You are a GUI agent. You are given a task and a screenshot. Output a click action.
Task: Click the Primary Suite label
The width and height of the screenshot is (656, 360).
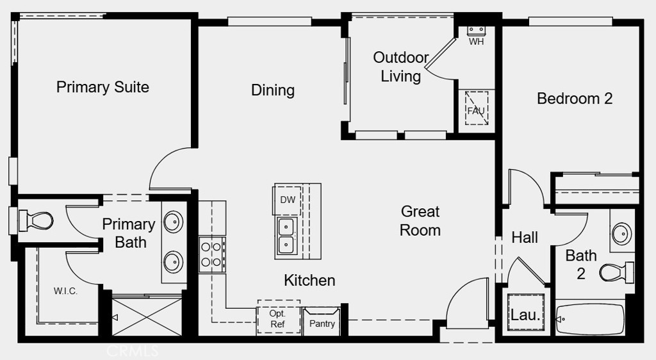[102, 87]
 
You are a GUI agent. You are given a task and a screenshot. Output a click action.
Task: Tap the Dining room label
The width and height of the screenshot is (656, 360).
[273, 90]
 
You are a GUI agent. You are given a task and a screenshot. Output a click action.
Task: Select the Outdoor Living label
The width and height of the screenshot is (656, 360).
[401, 67]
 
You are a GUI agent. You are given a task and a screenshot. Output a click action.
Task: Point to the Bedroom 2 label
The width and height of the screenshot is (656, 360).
[575, 99]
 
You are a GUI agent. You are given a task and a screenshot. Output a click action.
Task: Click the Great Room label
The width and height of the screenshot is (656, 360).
[420, 221]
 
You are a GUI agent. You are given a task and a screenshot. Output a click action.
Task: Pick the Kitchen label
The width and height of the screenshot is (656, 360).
[309, 280]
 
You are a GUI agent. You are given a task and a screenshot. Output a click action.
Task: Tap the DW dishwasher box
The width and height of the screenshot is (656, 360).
[288, 200]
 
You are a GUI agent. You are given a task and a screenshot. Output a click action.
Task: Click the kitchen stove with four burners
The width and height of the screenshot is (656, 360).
[211, 255]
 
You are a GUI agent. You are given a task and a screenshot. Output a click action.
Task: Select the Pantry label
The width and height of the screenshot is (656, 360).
[322, 323]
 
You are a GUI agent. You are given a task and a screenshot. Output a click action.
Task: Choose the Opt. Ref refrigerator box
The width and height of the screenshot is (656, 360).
[279, 317]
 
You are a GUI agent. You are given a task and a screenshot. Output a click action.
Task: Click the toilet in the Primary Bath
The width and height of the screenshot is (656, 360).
[36, 220]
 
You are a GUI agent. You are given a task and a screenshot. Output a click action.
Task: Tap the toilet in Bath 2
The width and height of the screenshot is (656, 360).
[617, 272]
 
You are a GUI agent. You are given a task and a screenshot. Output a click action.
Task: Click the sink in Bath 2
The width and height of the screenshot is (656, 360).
[621, 233]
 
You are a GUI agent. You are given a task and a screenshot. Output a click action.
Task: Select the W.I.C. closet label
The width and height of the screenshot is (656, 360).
[66, 291]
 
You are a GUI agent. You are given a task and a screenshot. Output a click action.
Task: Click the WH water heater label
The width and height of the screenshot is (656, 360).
[476, 42]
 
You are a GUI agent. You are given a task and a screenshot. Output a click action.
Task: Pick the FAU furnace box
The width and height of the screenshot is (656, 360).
[477, 108]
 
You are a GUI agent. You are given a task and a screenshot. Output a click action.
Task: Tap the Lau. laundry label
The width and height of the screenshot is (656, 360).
[525, 315]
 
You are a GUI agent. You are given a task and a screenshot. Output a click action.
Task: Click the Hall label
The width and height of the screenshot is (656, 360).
[525, 238]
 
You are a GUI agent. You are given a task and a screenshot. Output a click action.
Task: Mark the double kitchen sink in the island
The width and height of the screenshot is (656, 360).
[286, 237]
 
